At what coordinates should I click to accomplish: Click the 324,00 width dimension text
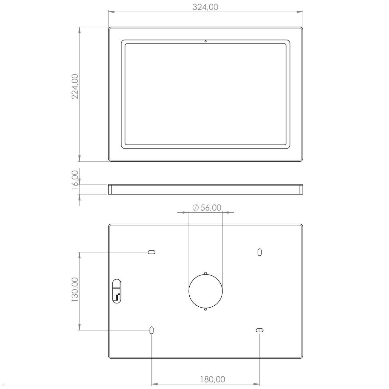pyautogui.click(x=206, y=7)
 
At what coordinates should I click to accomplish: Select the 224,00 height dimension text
pyautogui.click(x=75, y=87)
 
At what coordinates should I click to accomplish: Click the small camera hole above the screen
pyautogui.click(x=206, y=41)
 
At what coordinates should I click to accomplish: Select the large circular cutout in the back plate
pyautogui.click(x=206, y=291)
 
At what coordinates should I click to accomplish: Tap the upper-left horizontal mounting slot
pyautogui.click(x=151, y=252)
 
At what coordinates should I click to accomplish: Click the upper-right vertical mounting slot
pyautogui.click(x=260, y=252)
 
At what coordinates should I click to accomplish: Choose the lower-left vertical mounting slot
pyautogui.click(x=151, y=330)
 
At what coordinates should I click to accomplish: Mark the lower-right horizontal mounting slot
pyautogui.click(x=260, y=330)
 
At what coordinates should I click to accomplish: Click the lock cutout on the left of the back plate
pyautogui.click(x=116, y=290)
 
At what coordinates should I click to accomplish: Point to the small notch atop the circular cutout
pyautogui.click(x=206, y=273)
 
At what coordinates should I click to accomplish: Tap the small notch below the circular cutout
pyautogui.click(x=206, y=309)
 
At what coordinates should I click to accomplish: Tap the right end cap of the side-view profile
pyautogui.click(x=301, y=189)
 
